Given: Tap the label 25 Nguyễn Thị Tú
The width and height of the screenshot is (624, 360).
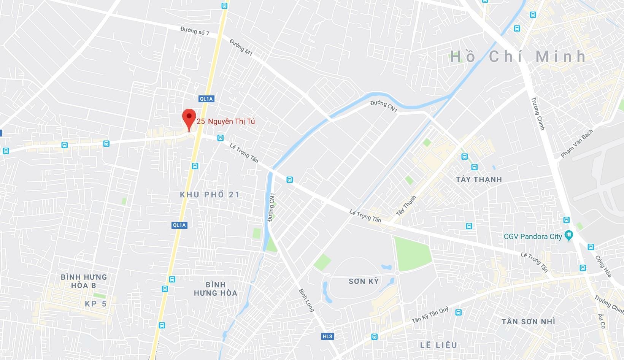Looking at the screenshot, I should click(x=226, y=121).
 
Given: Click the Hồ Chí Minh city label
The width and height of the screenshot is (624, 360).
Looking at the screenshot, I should click(x=518, y=57).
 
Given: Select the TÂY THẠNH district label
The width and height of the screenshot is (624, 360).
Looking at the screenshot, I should click(x=479, y=179).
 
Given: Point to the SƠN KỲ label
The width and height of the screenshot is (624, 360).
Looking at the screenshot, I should click(x=364, y=281).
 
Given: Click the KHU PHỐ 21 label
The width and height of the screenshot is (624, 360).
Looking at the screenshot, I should click(x=210, y=195).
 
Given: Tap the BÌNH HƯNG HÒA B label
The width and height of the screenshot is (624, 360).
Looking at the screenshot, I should click(x=84, y=281).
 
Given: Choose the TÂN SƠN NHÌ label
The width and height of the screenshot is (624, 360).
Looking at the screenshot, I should click(x=528, y=322).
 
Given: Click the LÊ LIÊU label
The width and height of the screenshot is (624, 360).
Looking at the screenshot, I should click(x=438, y=345).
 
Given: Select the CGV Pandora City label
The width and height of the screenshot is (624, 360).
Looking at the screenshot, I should click(x=532, y=236).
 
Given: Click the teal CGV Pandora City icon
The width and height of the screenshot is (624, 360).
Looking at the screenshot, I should click(x=568, y=235).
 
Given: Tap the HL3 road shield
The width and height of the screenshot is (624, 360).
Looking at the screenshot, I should click(x=327, y=336).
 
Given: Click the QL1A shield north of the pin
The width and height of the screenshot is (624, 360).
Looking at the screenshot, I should click(x=206, y=99).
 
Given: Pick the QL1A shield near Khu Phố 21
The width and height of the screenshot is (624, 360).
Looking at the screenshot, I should click(x=179, y=225).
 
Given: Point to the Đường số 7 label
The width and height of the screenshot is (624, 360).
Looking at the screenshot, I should click(x=195, y=31).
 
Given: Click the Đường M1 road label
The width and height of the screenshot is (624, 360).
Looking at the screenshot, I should click(x=241, y=48).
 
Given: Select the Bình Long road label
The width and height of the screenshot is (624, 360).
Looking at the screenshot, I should click(x=306, y=301).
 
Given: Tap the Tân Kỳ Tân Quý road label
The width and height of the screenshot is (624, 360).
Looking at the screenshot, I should click(x=430, y=315).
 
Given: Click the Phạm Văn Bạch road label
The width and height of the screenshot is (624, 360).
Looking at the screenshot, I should click(x=576, y=144).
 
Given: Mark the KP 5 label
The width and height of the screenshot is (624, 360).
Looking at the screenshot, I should click(x=95, y=303).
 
